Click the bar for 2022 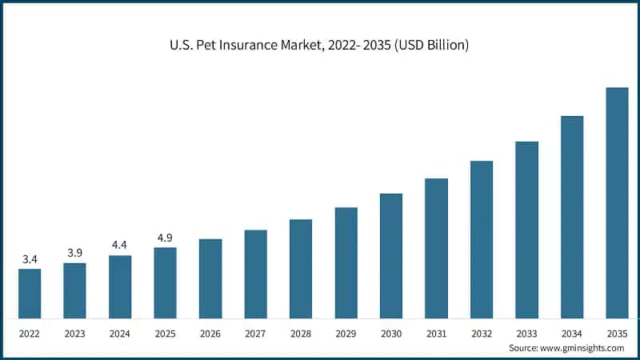pos(30,294)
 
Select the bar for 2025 pos(165,282)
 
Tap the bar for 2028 pos(301,269)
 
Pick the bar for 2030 pos(391,256)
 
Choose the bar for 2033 pos(526,230)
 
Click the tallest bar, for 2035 pos(617,203)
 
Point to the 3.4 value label pos(30,259)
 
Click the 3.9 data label pos(74,253)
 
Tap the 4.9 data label pos(165,238)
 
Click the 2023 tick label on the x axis pos(74,332)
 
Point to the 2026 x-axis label pos(210,332)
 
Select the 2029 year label pos(346,332)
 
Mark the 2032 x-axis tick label pos(482,332)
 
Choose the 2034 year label pos(572,332)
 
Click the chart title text pos(320,46)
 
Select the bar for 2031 pos(436,249)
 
